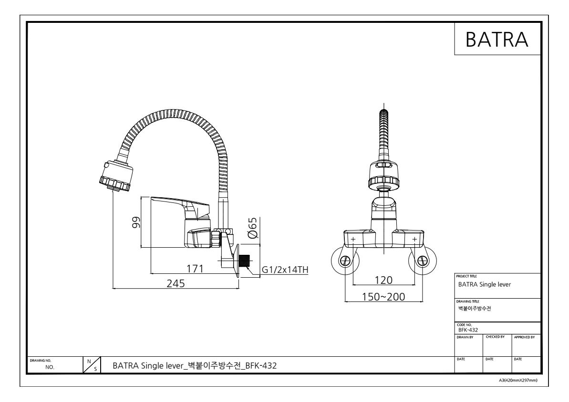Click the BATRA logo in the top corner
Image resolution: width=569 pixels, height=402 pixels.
pos(497,39)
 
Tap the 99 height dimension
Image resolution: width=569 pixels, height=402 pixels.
pos(136,222)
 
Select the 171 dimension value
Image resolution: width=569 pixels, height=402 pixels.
pos(195,269)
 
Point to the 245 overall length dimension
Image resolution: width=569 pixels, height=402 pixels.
pos(176,283)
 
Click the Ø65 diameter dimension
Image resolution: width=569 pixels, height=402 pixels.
pos(253,228)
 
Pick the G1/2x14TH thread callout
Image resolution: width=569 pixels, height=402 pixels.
pos(285,270)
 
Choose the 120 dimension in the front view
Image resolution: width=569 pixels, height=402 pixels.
pos(383,280)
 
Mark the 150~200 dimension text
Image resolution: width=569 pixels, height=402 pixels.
pos(383,297)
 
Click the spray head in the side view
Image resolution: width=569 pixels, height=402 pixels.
pos(115,175)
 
